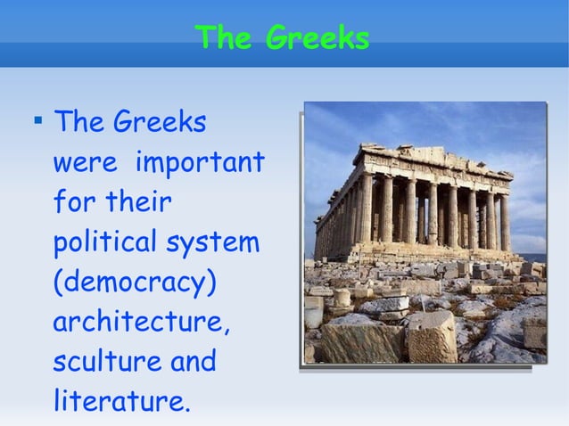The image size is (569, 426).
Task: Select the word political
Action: coord(103,242)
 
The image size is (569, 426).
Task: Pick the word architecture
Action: coord(141,322)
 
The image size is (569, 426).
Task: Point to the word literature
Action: coord(120,401)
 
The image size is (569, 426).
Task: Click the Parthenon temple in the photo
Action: coord(419,205)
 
